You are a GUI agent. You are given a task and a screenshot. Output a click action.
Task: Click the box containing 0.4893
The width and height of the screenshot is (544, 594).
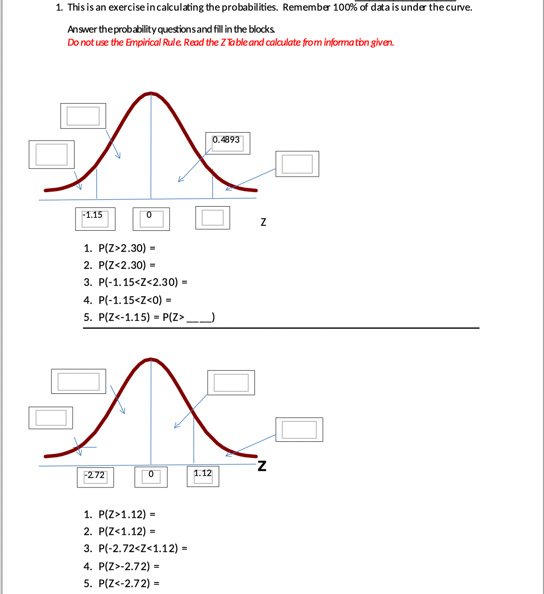click(227, 143)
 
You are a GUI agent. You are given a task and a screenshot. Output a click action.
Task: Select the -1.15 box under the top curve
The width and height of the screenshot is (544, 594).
click(95, 219)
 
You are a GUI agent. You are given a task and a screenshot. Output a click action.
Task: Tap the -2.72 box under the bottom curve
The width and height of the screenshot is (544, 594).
click(95, 477)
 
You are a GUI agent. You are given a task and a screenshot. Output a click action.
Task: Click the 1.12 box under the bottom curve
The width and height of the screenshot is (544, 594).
click(203, 475)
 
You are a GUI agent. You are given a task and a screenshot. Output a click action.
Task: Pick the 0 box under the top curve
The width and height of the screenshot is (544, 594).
click(151, 219)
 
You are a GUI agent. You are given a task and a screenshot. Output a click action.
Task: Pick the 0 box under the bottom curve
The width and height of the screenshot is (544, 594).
click(151, 476)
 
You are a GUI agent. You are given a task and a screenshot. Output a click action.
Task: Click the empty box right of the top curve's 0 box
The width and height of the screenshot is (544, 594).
click(213, 218)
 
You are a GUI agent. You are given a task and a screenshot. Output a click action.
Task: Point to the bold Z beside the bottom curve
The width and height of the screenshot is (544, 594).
click(262, 466)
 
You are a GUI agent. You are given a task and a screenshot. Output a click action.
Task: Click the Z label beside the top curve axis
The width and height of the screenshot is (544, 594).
click(263, 222)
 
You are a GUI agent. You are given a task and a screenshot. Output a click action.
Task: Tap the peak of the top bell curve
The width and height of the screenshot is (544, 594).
click(151, 93)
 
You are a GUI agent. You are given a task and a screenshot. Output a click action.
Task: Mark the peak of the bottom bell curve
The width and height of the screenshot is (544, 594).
click(151, 359)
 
